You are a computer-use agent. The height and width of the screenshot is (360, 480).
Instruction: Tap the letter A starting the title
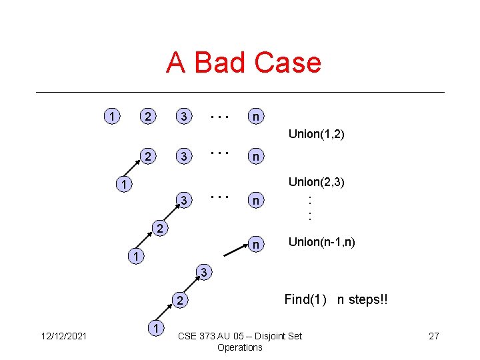click(x=176, y=63)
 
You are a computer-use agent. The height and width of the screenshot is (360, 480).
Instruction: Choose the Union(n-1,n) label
click(x=322, y=242)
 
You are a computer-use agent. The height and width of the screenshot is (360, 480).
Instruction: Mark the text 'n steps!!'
click(x=363, y=299)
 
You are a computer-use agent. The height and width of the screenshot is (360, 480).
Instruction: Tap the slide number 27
click(x=433, y=335)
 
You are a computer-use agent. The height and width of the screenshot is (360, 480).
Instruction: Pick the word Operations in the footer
click(x=240, y=347)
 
